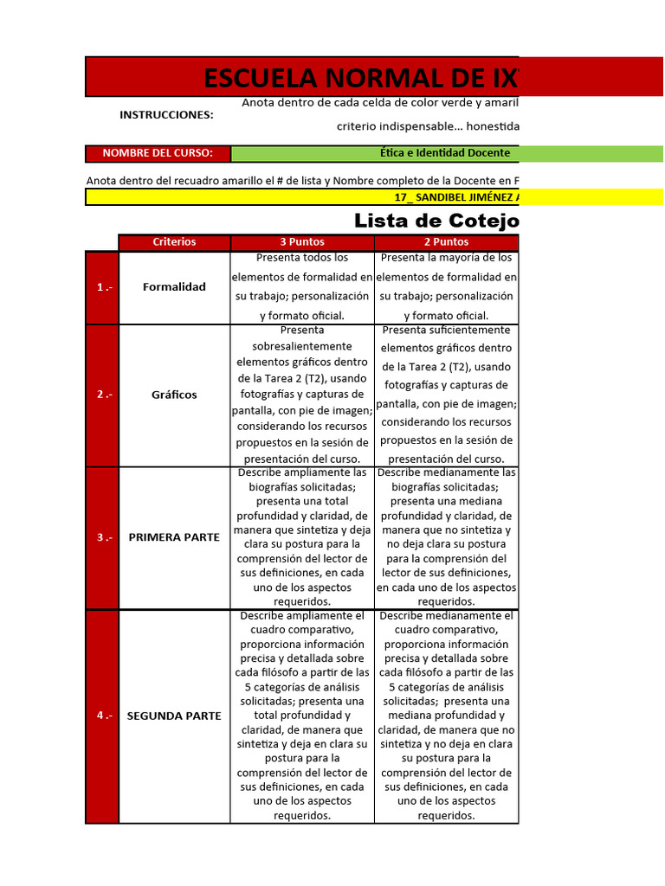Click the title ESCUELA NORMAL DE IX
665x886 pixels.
(359, 78)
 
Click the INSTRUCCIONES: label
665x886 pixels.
(166, 115)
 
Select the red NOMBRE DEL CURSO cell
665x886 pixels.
(158, 153)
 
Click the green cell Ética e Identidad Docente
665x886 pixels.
(446, 153)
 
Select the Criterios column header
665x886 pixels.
(174, 242)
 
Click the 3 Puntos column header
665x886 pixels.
(301, 242)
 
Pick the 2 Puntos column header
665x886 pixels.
(446, 242)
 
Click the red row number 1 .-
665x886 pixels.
(102, 287)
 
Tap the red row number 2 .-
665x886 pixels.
(102, 395)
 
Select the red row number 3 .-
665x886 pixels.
(102, 537)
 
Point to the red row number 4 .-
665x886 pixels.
(102, 716)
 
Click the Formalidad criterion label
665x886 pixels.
(174, 287)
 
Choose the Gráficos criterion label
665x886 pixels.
(174, 395)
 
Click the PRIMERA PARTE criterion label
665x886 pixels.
(174, 537)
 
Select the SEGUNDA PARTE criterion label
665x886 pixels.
(174, 716)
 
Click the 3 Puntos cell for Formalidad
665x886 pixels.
(302, 287)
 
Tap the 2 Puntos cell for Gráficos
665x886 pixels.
(446, 395)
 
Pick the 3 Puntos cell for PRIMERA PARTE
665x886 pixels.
(302, 537)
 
